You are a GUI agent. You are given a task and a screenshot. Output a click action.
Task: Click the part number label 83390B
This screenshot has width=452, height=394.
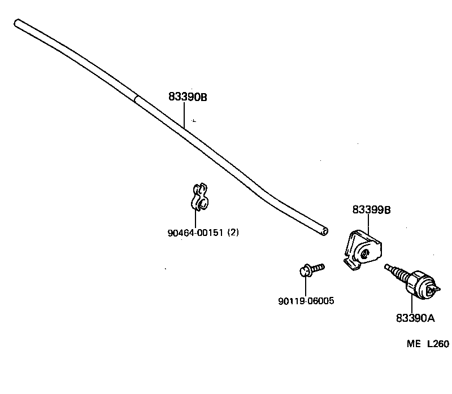click(188, 97)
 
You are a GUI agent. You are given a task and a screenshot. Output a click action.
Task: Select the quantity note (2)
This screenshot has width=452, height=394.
click(232, 232)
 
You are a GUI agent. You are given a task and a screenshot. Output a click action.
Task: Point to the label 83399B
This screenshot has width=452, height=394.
click(372, 210)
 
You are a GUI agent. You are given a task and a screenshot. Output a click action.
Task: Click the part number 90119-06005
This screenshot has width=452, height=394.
click(306, 301)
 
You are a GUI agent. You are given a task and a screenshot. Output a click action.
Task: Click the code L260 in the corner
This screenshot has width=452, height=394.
click(437, 344)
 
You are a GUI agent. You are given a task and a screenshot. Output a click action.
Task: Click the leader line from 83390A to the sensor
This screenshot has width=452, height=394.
click(411, 302)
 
